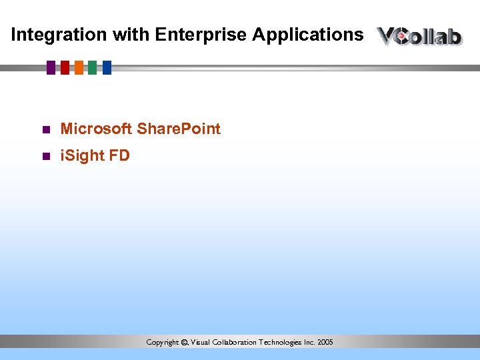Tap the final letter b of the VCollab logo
(454, 36)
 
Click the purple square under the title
(51, 67)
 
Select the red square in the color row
(65, 67)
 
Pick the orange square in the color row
(79, 67)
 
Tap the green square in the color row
(92, 67)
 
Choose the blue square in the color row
(107, 67)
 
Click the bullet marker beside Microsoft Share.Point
(45, 129)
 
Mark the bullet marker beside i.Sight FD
(45, 157)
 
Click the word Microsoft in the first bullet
(96, 129)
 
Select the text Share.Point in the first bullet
(178, 129)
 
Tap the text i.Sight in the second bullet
(81, 156)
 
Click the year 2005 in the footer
(325, 342)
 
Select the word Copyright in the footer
(163, 342)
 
